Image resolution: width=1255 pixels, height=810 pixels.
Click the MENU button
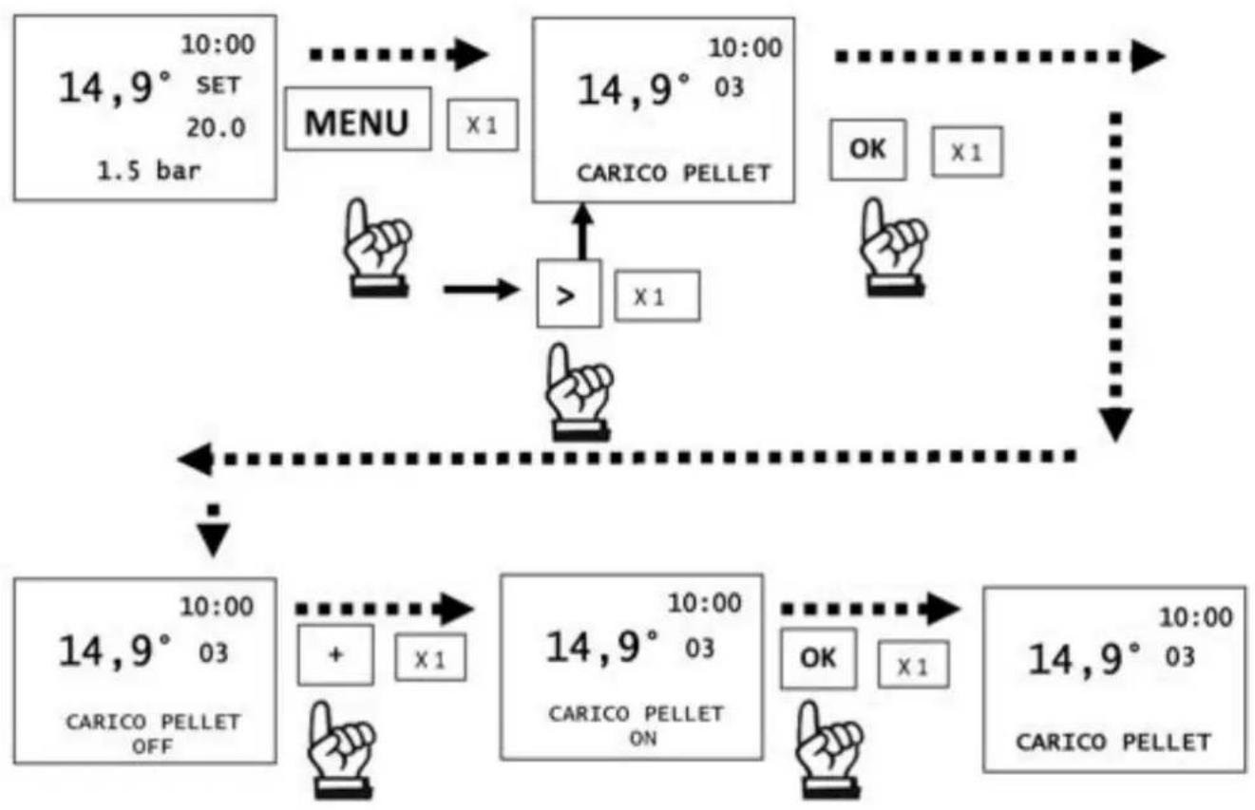[358, 119]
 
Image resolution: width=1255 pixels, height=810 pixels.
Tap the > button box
[569, 293]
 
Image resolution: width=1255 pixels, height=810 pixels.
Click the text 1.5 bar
[149, 171]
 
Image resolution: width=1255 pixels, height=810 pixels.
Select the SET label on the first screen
[218, 85]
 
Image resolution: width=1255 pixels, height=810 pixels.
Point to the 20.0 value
[216, 128]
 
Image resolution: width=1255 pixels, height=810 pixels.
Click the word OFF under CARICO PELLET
[152, 746]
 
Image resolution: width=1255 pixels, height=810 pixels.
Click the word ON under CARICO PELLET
[642, 739]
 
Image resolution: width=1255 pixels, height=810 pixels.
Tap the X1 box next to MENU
[483, 125]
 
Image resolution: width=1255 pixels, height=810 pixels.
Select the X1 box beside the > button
[656, 296]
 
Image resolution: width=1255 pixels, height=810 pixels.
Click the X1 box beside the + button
[430, 658]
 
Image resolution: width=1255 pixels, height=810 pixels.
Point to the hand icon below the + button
[341, 750]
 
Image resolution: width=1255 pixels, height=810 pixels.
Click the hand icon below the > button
[580, 392]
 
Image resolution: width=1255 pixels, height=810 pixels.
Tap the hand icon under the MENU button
[377, 248]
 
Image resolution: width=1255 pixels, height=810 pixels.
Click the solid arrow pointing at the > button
[482, 290]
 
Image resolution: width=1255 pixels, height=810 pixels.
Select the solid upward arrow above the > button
[583, 232]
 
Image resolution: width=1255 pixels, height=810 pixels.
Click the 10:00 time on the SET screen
[218, 45]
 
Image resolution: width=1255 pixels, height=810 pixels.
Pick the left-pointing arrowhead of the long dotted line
[196, 460]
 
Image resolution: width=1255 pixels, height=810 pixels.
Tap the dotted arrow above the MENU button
[399, 54]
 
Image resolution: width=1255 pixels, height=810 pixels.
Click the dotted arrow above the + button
[385, 609]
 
